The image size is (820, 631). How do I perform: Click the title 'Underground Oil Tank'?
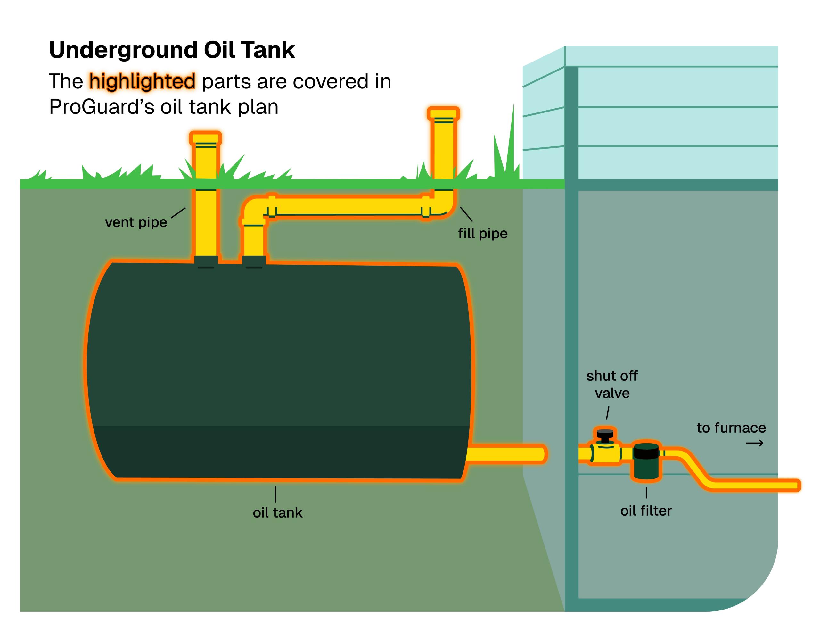172,50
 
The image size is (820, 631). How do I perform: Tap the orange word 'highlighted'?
142,81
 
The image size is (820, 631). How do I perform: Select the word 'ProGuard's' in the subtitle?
101,107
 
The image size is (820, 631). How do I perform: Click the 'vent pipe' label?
136,222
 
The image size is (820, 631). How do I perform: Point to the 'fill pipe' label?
482,234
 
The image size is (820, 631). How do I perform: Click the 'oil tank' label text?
277,513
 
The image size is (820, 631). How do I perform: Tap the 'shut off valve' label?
612,384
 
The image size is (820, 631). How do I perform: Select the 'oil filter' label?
646,511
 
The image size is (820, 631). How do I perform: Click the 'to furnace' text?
731,428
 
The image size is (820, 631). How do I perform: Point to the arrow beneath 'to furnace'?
754,444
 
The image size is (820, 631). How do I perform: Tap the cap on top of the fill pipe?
443,113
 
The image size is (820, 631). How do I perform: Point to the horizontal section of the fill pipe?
349,206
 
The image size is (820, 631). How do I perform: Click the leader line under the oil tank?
275,494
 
